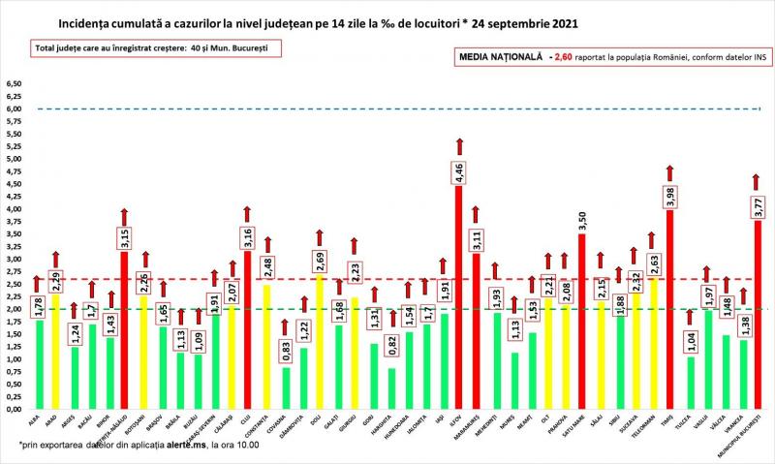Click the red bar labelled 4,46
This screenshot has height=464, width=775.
(x=459, y=310)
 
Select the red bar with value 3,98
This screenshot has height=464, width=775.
(x=668, y=320)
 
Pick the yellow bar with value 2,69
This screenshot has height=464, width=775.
(x=319, y=349)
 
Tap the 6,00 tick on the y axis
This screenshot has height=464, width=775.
(x=15, y=108)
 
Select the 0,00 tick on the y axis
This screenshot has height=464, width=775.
(x=15, y=410)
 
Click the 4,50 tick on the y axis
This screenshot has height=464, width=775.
(x=15, y=184)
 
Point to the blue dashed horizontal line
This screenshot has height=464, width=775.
(x=387, y=108)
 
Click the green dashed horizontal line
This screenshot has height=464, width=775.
(x=387, y=309)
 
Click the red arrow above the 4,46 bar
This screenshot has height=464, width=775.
(x=459, y=147)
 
